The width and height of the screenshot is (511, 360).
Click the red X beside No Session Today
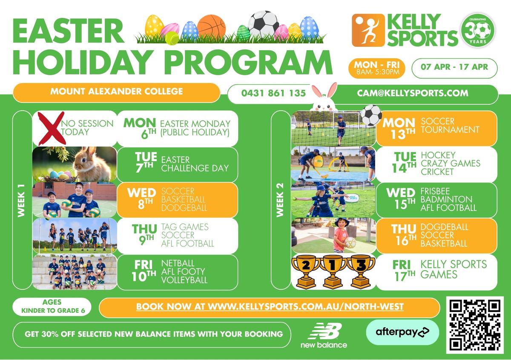[52, 129]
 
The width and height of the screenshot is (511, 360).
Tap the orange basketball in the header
[212, 27]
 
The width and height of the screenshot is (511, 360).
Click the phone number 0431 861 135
[273, 93]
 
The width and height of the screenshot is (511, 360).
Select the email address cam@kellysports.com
[413, 93]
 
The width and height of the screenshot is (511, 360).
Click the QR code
[475, 325]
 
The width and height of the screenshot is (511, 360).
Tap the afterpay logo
[402, 332]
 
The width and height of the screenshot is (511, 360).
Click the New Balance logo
[324, 335]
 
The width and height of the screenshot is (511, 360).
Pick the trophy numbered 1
[333, 271]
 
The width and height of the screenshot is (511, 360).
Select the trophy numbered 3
[361, 271]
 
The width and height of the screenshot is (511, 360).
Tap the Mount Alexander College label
[116, 92]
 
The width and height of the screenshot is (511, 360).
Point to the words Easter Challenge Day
[195, 164]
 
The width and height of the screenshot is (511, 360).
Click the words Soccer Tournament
[450, 126]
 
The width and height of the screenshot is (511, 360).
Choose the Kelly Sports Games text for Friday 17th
[454, 269]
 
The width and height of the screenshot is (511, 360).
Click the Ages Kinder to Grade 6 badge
[52, 307]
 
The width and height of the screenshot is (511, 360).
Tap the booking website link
[270, 307]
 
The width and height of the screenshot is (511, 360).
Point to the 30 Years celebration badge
[478, 30]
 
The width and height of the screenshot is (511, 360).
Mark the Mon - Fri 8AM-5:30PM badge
[377, 68]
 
